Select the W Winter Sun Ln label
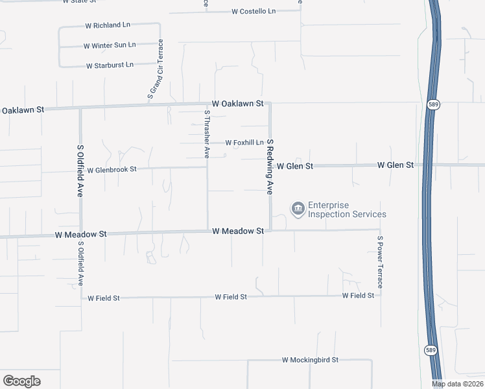110,45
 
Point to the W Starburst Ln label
110,65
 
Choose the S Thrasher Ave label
207,134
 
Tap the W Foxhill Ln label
244,143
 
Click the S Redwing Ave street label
270,167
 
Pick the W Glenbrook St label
112,169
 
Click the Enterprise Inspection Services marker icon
298,208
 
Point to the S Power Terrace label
380,263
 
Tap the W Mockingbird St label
310,360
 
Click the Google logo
21,381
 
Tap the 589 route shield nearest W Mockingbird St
431,350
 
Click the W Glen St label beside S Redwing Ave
295,166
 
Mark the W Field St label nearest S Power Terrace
359,296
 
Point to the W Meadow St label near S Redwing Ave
237,231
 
